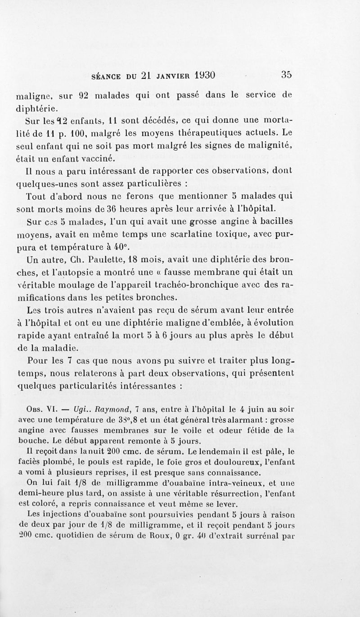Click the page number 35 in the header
pyautogui.click(x=287, y=75)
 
